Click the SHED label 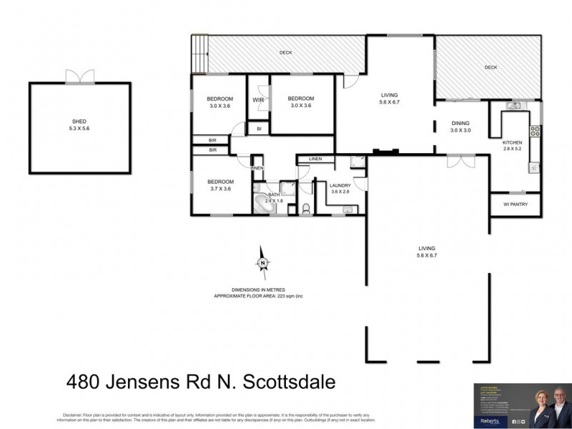80,122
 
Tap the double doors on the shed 79,77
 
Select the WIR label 258,100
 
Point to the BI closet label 258,128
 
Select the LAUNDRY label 340,185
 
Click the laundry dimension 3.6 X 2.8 340,192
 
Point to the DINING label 460,123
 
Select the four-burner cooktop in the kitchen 533,131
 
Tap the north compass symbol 262,262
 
